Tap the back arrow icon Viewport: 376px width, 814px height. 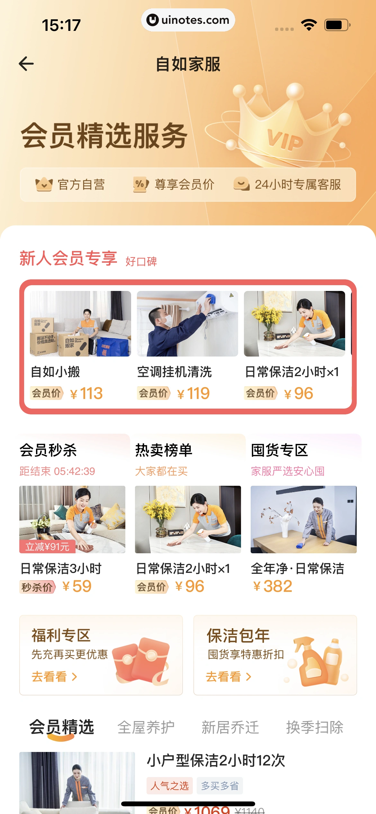tap(26, 64)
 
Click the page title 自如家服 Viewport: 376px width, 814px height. tap(188, 64)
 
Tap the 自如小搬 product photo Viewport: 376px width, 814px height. tap(80, 324)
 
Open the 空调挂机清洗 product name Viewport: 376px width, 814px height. tap(175, 372)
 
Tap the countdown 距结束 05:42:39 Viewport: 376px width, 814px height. tap(57, 471)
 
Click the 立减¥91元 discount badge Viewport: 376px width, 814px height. tap(47, 547)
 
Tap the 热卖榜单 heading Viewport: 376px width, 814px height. tap(164, 450)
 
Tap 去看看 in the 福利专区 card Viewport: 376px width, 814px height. tap(54, 677)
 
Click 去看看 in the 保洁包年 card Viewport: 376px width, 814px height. tap(228, 677)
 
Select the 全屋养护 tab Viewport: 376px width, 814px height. tap(146, 727)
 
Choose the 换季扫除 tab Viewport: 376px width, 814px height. tap(315, 727)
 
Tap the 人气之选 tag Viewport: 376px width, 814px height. tap(169, 786)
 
